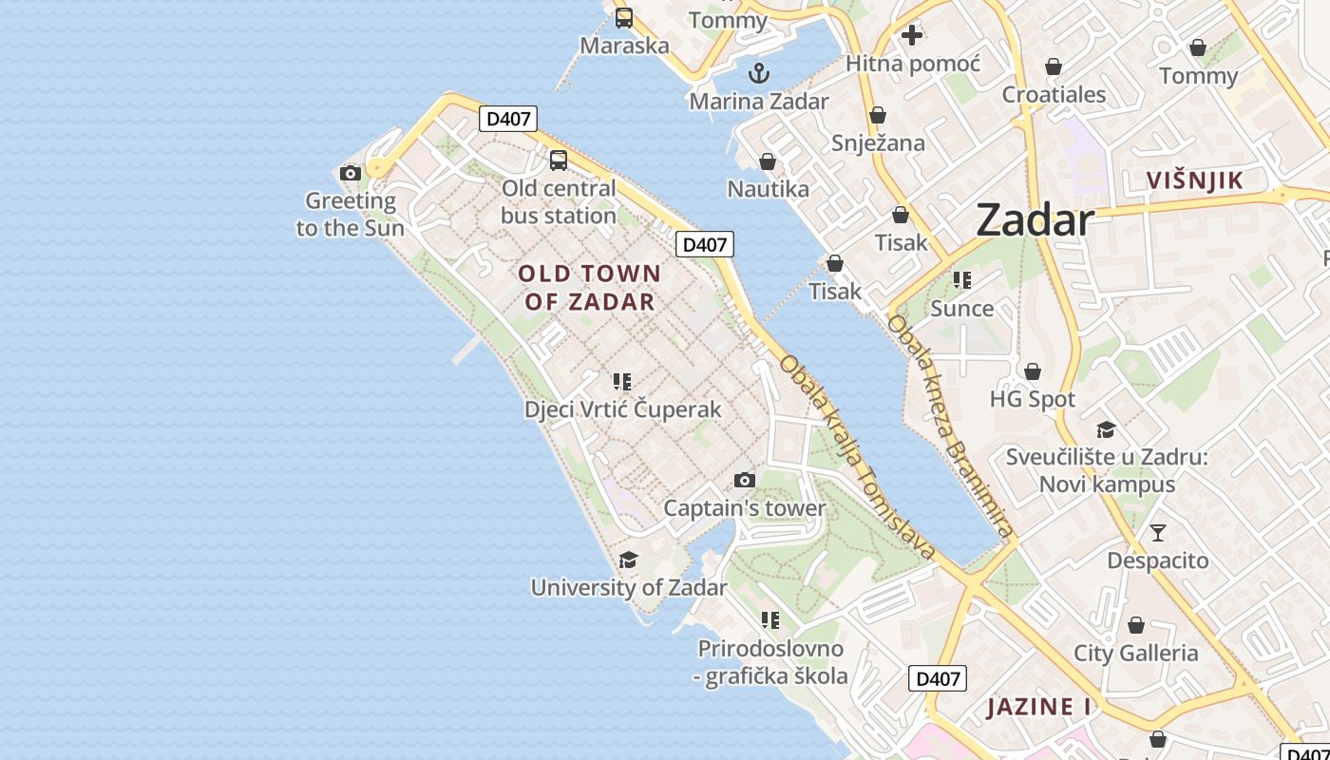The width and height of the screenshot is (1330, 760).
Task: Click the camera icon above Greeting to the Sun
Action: [x=351, y=173]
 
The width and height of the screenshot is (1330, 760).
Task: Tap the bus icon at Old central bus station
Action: [x=559, y=160]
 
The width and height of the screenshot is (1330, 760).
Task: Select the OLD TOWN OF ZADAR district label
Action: [x=589, y=288]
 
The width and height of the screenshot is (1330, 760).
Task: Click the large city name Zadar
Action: [x=1035, y=220]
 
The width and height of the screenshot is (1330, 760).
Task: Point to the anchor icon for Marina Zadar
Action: [x=758, y=73]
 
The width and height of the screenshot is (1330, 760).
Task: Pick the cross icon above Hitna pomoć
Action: [x=912, y=36]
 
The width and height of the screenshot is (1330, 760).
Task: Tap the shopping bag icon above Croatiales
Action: [x=1053, y=66]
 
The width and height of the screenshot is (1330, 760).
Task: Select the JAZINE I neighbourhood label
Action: [x=1038, y=707]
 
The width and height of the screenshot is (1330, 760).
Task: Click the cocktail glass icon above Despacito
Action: [x=1157, y=532]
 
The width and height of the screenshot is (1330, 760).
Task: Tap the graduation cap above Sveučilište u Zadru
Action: [x=1106, y=429]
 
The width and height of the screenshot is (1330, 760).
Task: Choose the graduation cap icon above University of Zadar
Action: [x=628, y=560]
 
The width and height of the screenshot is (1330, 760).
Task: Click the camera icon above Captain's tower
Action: [x=745, y=481]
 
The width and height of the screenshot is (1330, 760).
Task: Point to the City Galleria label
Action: [x=1135, y=654]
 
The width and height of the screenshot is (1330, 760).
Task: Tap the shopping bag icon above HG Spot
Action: [x=1033, y=371]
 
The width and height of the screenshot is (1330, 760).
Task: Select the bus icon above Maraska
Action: [x=624, y=17]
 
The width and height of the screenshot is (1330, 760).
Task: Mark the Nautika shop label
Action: [x=768, y=189]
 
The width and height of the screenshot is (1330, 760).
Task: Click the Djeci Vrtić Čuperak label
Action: [x=622, y=410]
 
